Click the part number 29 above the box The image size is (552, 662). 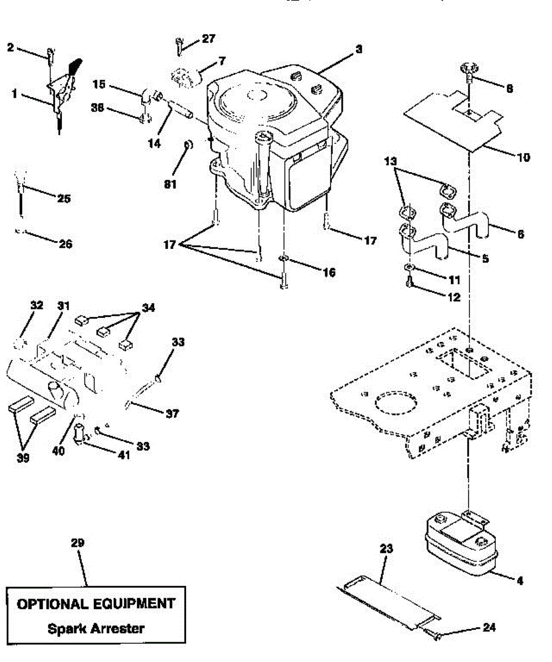coord(78,543)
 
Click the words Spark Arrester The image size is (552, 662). coord(95,628)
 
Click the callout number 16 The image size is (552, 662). coord(329,273)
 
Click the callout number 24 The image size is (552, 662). coord(489,627)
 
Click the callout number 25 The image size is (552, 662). coord(64,199)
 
